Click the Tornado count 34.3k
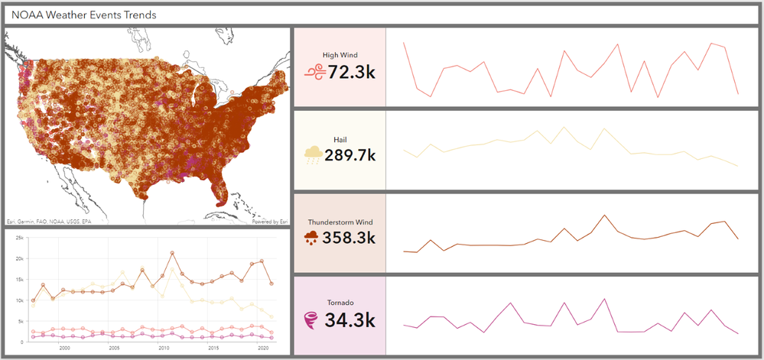(351, 319)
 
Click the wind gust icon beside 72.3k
(315, 73)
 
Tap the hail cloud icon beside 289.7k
(313, 155)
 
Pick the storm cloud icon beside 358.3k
(313, 237)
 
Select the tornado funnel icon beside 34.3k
(312, 319)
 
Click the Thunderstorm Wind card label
(340, 221)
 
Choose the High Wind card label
(340, 55)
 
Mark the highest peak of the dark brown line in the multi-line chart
(173, 253)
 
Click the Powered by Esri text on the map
(269, 222)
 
